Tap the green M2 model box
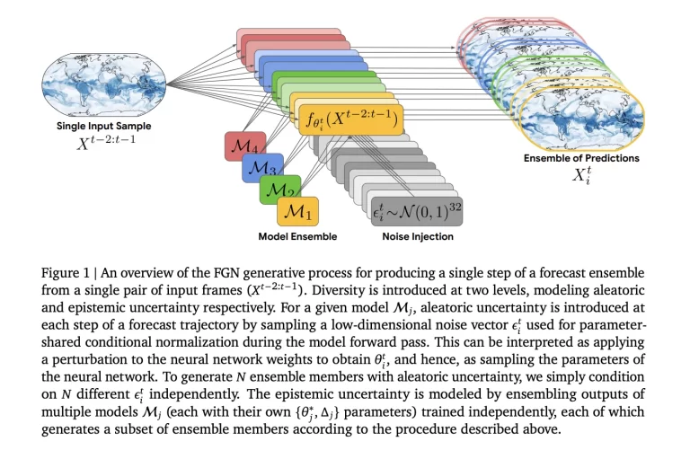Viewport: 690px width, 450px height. click(x=279, y=191)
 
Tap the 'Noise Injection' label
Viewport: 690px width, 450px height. click(x=411, y=237)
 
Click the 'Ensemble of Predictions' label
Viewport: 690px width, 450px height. click(x=581, y=158)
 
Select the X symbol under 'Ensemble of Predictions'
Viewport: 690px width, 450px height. click(x=579, y=175)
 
